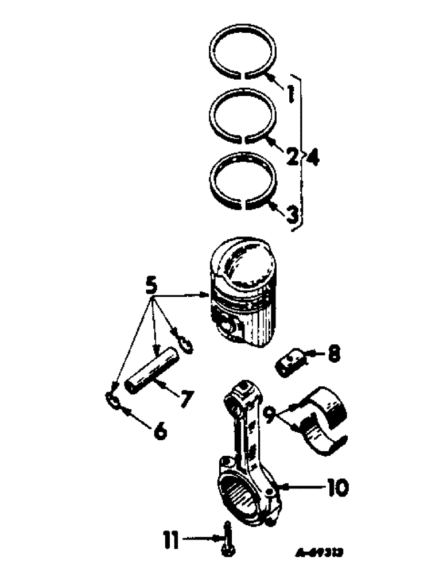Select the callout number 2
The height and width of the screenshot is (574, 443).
[292, 155]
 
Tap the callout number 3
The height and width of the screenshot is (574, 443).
[292, 215]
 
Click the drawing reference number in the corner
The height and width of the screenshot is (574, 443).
[319, 552]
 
